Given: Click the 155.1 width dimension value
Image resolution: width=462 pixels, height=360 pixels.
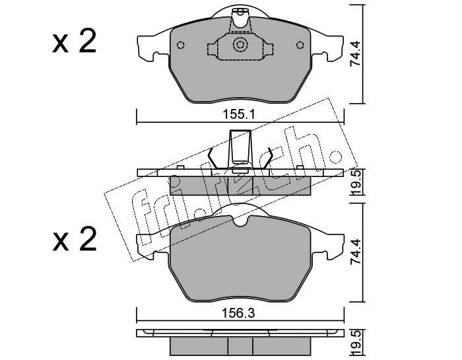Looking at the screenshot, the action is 238,114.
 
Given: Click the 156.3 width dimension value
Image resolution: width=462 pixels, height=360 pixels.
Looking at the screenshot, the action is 239,313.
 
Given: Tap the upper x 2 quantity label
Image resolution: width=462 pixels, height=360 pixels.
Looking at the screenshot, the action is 74,42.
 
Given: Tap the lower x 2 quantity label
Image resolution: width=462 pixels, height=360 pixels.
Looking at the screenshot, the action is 74,239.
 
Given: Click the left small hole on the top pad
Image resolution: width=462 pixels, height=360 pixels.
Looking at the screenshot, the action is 181,45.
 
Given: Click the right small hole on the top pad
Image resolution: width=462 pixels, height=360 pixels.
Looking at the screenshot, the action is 300,45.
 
